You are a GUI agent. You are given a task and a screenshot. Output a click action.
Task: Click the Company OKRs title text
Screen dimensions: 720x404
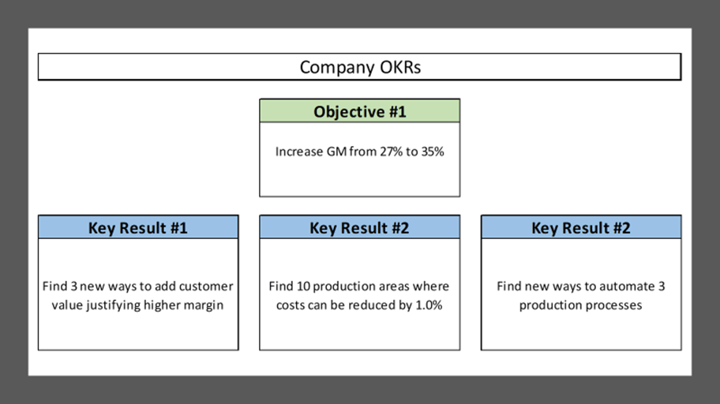[360, 67]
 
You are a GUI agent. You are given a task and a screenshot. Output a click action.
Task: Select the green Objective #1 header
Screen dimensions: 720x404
[359, 110]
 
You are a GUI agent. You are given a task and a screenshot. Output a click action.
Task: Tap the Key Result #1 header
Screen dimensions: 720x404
[138, 227]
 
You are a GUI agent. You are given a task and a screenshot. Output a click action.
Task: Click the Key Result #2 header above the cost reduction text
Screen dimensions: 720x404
[359, 227]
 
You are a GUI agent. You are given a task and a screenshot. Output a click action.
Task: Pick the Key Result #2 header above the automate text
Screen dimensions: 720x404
[581, 227]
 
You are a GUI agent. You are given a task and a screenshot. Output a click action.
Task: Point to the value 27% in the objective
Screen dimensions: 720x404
[392, 151]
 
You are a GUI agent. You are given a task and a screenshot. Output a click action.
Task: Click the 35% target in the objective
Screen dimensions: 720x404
[433, 151]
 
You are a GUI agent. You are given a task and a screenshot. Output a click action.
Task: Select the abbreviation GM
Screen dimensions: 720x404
[336, 151]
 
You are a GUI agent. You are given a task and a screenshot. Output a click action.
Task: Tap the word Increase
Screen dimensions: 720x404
[299, 151]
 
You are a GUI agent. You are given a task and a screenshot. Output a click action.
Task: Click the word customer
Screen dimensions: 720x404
[206, 286]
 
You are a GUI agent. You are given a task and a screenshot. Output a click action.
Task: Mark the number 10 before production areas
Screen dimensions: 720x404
[303, 286]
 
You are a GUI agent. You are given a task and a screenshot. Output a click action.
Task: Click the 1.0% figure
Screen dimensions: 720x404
[429, 305]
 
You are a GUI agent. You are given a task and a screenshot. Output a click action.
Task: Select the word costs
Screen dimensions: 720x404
[288, 305]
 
